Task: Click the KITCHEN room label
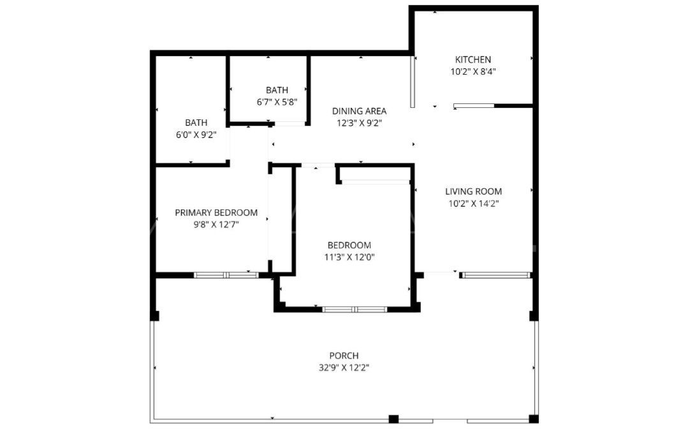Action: (473, 60)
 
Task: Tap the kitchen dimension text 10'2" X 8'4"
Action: (473, 72)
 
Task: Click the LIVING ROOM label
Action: (473, 191)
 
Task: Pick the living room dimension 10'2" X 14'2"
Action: (473, 204)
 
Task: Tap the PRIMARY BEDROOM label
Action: (216, 213)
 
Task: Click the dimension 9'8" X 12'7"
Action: (216, 225)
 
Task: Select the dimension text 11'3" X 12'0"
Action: (349, 257)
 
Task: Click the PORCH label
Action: (344, 355)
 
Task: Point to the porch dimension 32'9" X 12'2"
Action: (344, 368)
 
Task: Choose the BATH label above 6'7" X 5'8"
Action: (277, 90)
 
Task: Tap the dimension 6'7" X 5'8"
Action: (277, 102)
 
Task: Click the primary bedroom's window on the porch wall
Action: (226, 275)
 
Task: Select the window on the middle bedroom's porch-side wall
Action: (355, 310)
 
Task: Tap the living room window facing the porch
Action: (496, 275)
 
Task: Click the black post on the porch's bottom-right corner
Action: (534, 419)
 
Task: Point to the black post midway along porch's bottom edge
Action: (394, 419)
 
